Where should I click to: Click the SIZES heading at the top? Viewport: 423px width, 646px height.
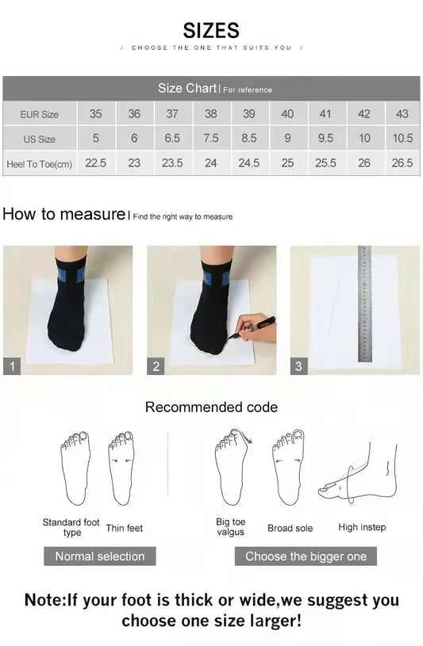pos(211,31)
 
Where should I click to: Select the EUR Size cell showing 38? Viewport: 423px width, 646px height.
pos(210,114)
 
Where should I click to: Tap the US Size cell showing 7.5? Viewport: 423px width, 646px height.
pos(210,138)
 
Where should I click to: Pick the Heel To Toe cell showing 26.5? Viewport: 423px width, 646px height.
pos(402,162)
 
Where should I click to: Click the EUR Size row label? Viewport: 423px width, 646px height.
pos(40,114)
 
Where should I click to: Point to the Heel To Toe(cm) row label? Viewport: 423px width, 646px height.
pos(40,163)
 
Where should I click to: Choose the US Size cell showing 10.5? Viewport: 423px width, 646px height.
pos(402,138)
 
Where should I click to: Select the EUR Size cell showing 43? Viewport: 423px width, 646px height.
pos(402,114)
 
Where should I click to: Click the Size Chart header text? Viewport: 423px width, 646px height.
pos(187,89)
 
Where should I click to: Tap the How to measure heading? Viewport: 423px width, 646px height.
pos(63,214)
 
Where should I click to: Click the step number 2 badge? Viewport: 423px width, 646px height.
pos(156,366)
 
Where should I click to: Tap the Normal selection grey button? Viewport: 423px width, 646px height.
pos(100,556)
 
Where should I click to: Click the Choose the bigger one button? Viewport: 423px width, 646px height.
pos(306,556)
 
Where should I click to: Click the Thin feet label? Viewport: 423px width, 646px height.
pos(125,528)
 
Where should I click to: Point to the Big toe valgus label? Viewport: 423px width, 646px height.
pos(230,527)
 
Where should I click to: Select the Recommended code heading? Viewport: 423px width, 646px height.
pos(211,407)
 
